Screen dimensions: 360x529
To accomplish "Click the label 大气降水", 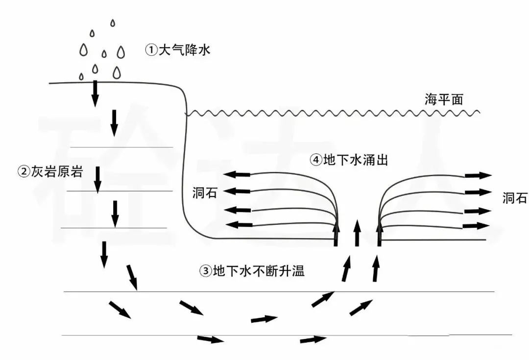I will point(184,49).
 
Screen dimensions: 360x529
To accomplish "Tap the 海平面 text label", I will point(444,100).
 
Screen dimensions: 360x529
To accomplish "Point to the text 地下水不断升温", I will point(259,271).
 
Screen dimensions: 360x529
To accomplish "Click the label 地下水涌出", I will point(356,160).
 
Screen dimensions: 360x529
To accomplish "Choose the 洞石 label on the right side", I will point(515,198).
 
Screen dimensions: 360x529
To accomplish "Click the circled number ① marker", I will point(151,49).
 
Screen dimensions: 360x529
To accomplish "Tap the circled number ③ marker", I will point(206,271).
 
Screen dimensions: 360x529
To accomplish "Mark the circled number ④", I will point(315,160).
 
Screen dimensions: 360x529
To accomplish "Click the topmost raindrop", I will point(113,23).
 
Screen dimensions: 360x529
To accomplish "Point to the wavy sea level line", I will point(333,113).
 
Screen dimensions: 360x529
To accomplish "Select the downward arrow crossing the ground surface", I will point(95,93).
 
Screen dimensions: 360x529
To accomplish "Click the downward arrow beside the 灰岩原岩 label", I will point(97,179).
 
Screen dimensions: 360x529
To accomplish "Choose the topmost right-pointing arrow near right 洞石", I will point(478,175).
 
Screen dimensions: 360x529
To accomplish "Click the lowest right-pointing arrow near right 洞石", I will point(476,226).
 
